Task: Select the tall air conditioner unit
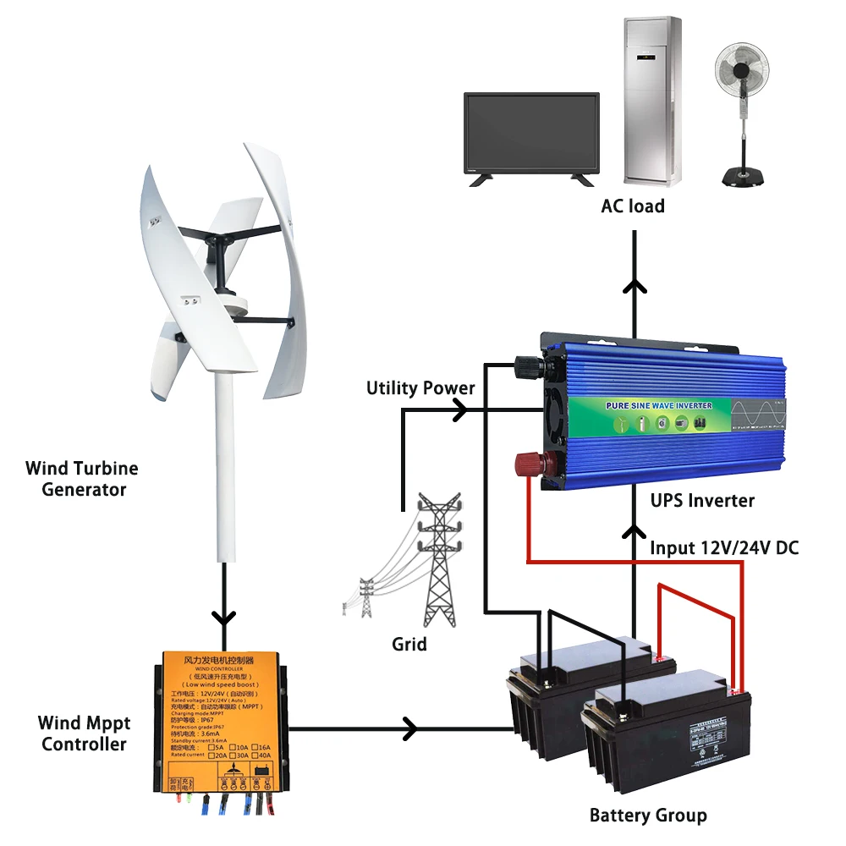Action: pyautogui.click(x=652, y=100)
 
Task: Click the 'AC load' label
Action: pyautogui.click(x=633, y=206)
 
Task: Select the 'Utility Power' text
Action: pyautogui.click(x=420, y=388)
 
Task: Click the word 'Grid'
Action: pyautogui.click(x=409, y=644)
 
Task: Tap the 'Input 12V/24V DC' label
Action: pyautogui.click(x=723, y=548)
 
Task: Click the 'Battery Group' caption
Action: pyautogui.click(x=647, y=816)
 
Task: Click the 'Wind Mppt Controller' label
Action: pyautogui.click(x=84, y=733)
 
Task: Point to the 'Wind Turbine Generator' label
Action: pyautogui.click(x=81, y=479)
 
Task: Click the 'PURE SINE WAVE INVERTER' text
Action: pyautogui.click(x=659, y=406)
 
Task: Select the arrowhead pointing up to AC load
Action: pyautogui.click(x=633, y=285)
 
